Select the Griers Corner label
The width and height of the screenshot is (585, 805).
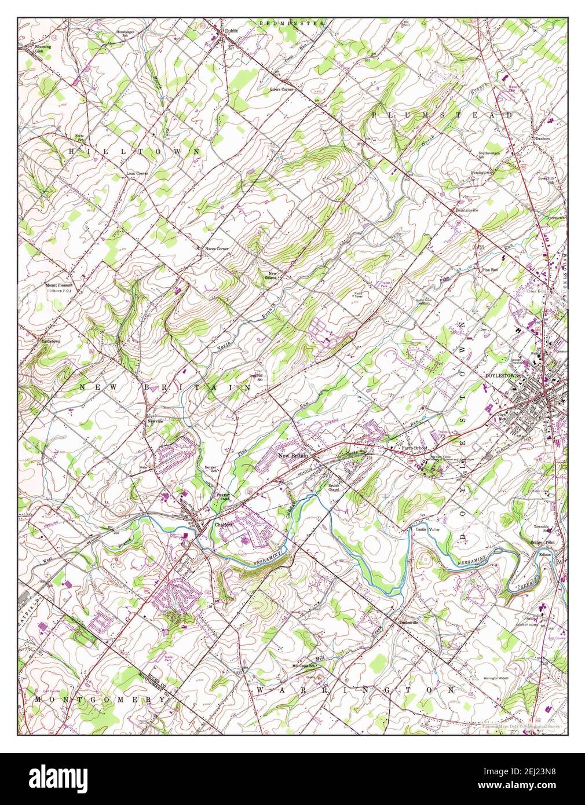click(282, 89)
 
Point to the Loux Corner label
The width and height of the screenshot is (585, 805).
click(138, 173)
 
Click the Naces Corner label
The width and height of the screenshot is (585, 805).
click(216, 248)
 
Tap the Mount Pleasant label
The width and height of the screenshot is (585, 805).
click(60, 285)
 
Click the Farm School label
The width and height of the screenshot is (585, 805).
click(415, 448)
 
